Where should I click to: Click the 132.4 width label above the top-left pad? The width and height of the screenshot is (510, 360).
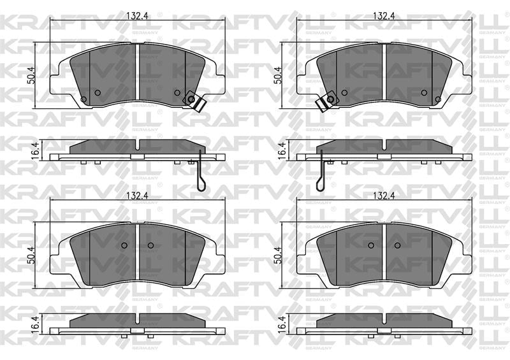tap(137, 16)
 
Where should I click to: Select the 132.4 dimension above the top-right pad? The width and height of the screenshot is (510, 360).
tap(384, 16)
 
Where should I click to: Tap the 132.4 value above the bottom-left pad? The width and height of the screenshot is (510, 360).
tap(137, 196)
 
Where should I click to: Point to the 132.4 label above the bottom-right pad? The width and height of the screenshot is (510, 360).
tap(384, 196)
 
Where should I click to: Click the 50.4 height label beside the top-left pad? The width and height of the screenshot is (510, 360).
tap(31, 76)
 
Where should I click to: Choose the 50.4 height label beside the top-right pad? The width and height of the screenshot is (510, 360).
tap(277, 76)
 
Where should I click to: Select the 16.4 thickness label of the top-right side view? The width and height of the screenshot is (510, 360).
tap(282, 150)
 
